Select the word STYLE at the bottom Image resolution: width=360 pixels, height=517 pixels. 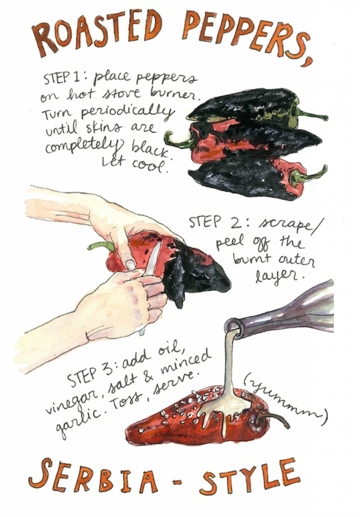tap(250, 478)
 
